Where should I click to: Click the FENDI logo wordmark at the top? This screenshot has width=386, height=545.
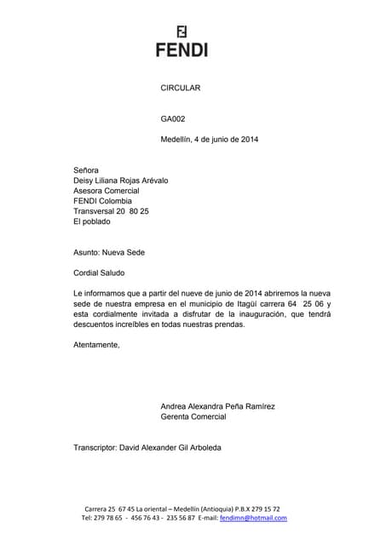tap(181, 49)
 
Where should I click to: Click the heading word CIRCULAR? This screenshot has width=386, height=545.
tap(181, 89)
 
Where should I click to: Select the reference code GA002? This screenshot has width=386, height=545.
tap(173, 119)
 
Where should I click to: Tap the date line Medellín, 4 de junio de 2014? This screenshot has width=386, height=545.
tap(210, 140)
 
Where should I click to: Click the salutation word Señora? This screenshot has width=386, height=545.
tap(86, 170)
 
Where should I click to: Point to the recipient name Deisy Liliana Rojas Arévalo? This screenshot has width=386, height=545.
tap(126, 181)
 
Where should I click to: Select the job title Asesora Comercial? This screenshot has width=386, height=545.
tap(107, 191)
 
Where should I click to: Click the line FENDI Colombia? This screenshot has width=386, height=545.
tap(103, 201)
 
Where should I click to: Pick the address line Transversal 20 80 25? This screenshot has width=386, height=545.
tap(112, 211)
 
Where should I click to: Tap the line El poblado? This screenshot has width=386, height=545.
tap(92, 221)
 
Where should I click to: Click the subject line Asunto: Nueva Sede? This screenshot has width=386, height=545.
tap(111, 252)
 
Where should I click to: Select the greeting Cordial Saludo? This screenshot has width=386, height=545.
tap(99, 273)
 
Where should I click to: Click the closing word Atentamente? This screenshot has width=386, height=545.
tap(96, 345)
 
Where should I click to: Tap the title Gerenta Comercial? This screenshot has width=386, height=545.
tap(193, 417)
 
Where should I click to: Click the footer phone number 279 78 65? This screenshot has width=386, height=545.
tap(107, 518)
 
